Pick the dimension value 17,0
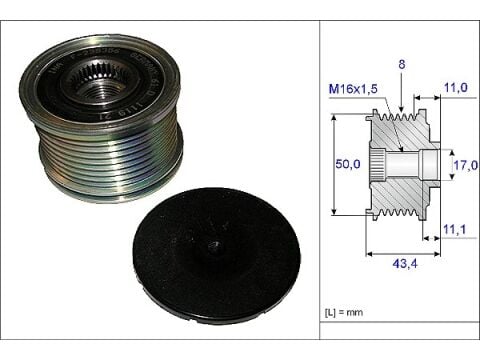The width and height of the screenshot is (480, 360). pyautogui.click(x=467, y=162)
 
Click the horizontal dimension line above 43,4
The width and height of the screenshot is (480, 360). pyautogui.click(x=404, y=246)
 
